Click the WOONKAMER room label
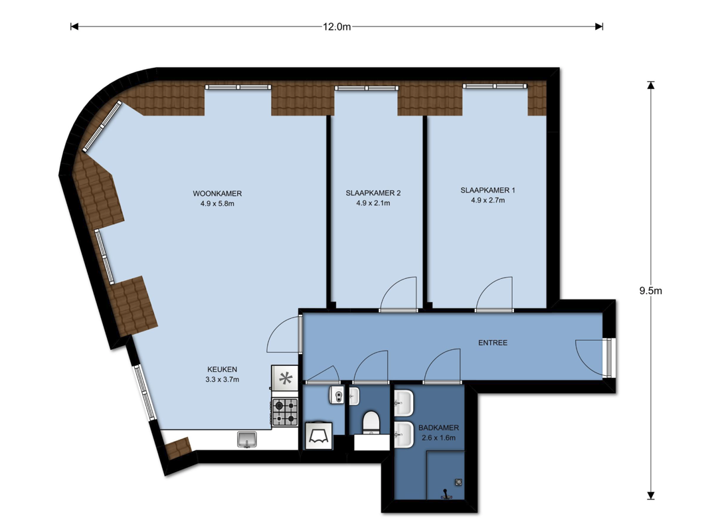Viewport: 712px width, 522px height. (x=217, y=193)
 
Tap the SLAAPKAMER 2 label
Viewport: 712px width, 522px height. (x=373, y=193)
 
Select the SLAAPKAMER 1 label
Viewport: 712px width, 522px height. (x=488, y=190)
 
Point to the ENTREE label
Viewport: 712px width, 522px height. (x=493, y=343)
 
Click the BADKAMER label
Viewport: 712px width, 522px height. (x=438, y=428)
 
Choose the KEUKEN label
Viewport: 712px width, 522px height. (x=222, y=369)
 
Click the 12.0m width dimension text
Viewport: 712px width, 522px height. (x=337, y=27)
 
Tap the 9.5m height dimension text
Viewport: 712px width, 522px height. (x=651, y=291)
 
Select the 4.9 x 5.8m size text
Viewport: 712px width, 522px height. (x=217, y=204)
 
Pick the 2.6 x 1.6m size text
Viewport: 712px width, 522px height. (x=438, y=438)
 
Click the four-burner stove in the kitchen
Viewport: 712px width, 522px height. (x=285, y=412)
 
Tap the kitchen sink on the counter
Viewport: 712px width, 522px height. (x=246, y=440)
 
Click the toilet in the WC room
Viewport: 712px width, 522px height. (x=371, y=422)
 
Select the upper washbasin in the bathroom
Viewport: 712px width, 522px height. (x=404, y=403)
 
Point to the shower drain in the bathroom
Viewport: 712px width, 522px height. (x=459, y=482)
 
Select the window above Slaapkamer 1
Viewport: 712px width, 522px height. (x=495, y=86)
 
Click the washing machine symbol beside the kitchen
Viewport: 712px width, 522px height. (x=318, y=436)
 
